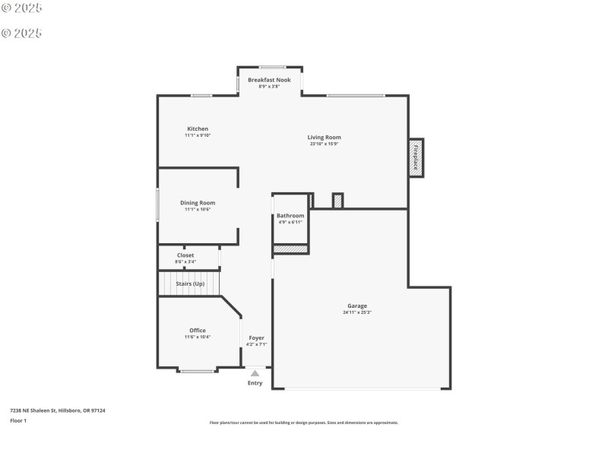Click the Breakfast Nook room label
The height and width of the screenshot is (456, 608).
click(x=269, y=80)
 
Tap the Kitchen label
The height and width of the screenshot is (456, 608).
click(x=198, y=128)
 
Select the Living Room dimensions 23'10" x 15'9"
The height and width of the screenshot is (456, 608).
click(x=324, y=144)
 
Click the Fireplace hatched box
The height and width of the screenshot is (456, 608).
click(x=416, y=158)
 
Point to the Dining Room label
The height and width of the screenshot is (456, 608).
click(x=198, y=203)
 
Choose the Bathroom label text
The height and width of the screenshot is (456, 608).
click(x=290, y=216)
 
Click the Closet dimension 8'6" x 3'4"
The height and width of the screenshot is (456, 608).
click(x=185, y=262)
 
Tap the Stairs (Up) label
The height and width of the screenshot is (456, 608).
click(x=190, y=283)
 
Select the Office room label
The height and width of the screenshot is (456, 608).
click(x=198, y=330)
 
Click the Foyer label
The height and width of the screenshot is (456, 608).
click(x=256, y=337)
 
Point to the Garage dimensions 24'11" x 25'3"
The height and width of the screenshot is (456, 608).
click(x=357, y=312)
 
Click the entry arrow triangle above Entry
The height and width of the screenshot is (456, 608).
click(x=255, y=373)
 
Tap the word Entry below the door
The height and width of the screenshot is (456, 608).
click(x=255, y=383)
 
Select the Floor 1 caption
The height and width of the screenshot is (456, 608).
click(x=18, y=420)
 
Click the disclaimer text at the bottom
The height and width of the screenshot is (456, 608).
click(x=303, y=423)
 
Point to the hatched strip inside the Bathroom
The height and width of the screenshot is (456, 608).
click(x=290, y=249)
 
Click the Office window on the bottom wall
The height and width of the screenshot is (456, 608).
click(x=197, y=371)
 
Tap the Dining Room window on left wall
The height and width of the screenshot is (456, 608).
click(x=158, y=204)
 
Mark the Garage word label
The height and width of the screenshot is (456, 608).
click(x=357, y=306)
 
